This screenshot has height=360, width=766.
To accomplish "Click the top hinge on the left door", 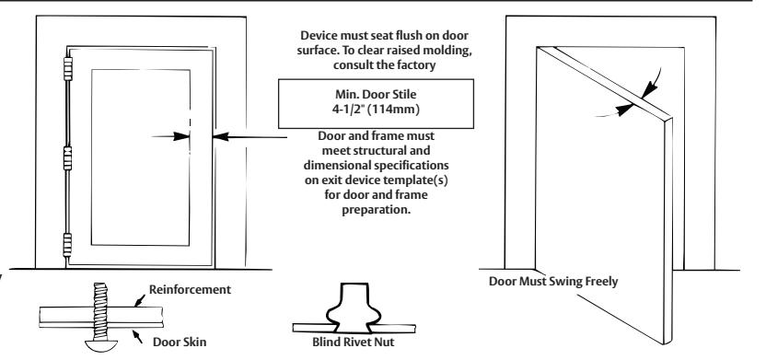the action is [x=68, y=68].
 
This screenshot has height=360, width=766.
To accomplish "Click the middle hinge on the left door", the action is [x=67, y=157].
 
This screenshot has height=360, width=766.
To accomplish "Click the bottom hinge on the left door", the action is [x=67, y=245].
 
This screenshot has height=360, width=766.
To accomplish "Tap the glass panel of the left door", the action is [x=141, y=157].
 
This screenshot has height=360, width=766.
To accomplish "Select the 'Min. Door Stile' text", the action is [x=376, y=94].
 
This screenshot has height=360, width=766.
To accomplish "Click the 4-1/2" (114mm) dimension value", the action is [x=376, y=110].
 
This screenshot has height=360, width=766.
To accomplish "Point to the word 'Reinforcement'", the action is [x=190, y=290].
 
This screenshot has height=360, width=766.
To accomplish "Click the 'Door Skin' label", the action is [x=180, y=342].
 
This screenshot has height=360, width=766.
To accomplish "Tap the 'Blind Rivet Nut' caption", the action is [x=354, y=342].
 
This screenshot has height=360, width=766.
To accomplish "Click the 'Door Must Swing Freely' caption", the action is [x=553, y=282].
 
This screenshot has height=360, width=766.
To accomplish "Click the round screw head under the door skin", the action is [x=101, y=345].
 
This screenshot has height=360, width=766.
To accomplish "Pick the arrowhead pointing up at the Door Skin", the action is [x=135, y=334].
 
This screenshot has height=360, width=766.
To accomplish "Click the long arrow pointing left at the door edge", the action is [x=250, y=137].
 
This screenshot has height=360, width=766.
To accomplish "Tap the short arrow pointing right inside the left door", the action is [x=170, y=137].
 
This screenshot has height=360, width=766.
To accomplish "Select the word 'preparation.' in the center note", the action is [x=377, y=210].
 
